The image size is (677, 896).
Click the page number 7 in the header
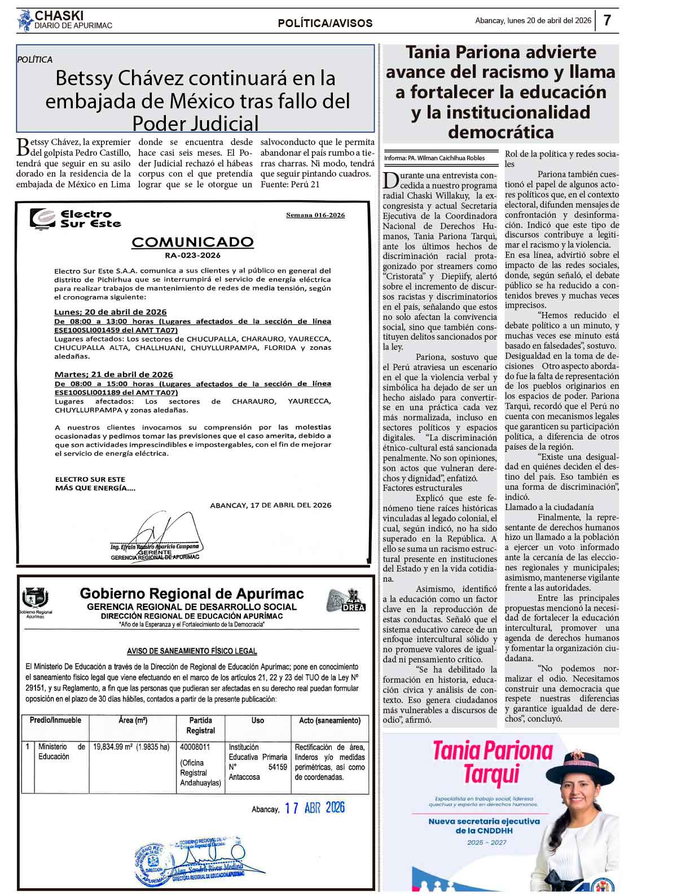(607, 20)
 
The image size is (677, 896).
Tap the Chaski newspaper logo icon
(25, 21)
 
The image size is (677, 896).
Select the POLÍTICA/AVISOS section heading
(325, 23)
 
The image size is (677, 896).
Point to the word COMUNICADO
(192, 242)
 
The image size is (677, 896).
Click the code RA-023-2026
(192, 255)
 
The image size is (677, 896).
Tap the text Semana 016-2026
(315, 215)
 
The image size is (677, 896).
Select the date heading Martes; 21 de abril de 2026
(113, 375)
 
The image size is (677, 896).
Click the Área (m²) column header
(133, 721)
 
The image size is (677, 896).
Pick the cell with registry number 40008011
(195, 747)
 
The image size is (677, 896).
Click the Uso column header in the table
(258, 721)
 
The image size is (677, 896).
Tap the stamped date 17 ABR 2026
(314, 808)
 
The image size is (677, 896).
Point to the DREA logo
(346, 600)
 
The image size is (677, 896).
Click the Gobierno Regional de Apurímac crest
(35, 598)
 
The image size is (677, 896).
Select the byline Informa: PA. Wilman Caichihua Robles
(434, 158)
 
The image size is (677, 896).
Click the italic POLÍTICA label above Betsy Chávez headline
(35, 59)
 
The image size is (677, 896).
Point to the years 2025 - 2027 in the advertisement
(486, 842)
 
